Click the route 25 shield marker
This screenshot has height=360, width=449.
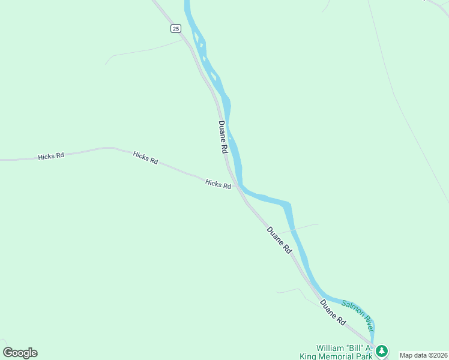[x=175, y=28]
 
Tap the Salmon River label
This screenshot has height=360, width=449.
[x=358, y=316]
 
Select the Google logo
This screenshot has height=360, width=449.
[x=20, y=353]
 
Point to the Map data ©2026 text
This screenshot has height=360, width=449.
[x=424, y=355]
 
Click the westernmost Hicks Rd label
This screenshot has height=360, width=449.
[x=51, y=157]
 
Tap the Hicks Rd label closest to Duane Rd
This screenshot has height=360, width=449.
[x=218, y=184]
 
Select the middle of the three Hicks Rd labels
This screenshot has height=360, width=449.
[x=145, y=157]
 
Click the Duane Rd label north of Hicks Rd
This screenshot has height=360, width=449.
[x=223, y=137]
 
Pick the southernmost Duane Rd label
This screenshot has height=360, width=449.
[x=333, y=312]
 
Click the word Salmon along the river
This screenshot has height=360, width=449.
[x=352, y=310]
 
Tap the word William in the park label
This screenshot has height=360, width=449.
[x=331, y=347]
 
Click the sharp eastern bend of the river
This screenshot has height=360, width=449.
[x=289, y=205]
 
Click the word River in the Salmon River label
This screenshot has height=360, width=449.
[x=367, y=324]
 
